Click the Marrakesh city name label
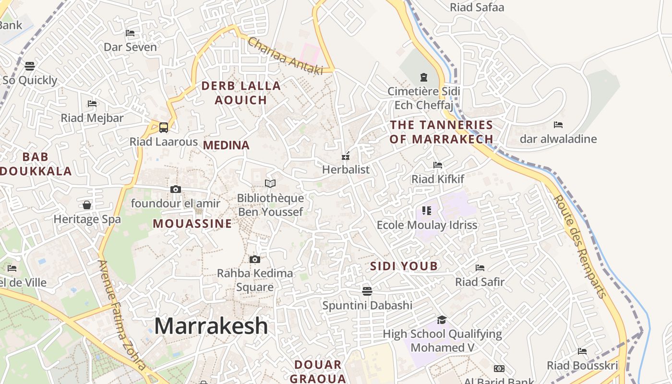[x=211, y=326]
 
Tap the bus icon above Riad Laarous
[x=164, y=127]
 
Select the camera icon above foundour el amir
[x=176, y=189]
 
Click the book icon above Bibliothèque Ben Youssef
[x=270, y=184]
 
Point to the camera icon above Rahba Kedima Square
[x=255, y=259]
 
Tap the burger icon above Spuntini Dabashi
[x=367, y=291]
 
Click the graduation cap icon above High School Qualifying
[x=442, y=320]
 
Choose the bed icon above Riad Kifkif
[x=438, y=165]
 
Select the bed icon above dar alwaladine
[x=558, y=125]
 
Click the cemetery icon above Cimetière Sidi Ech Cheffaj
[x=423, y=77]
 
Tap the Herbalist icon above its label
[x=345, y=156]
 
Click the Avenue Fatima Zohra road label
[x=121, y=314]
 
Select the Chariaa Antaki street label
[x=285, y=56]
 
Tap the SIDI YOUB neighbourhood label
[x=404, y=266]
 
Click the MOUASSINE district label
[x=192, y=224]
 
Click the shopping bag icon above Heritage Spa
[x=87, y=205]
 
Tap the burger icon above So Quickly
[x=30, y=66]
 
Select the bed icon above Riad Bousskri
[x=582, y=351]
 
